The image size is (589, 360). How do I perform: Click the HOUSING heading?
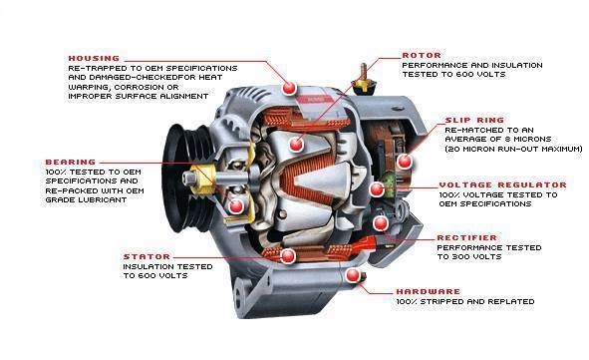[x=94, y=58]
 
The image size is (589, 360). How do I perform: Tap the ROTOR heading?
[x=422, y=55]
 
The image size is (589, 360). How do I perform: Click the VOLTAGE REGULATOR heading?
[x=503, y=184]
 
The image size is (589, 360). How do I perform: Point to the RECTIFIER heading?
[x=467, y=238]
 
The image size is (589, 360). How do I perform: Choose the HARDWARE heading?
[x=429, y=291]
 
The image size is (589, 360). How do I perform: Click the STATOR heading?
[x=147, y=257]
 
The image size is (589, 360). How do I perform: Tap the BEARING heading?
[x=71, y=163]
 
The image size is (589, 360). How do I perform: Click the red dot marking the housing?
[x=289, y=88]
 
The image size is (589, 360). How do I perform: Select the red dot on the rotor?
[x=296, y=144]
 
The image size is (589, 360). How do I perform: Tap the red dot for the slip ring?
[x=405, y=162]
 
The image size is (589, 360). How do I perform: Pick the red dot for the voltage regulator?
[x=377, y=189]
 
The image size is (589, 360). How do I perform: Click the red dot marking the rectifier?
[x=381, y=223]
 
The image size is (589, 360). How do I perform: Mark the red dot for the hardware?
[x=353, y=276]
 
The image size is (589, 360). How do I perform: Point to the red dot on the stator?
[x=288, y=256]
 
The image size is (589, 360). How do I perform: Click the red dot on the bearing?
[x=236, y=206]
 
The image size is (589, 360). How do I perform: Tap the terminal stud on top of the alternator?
[x=363, y=80]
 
